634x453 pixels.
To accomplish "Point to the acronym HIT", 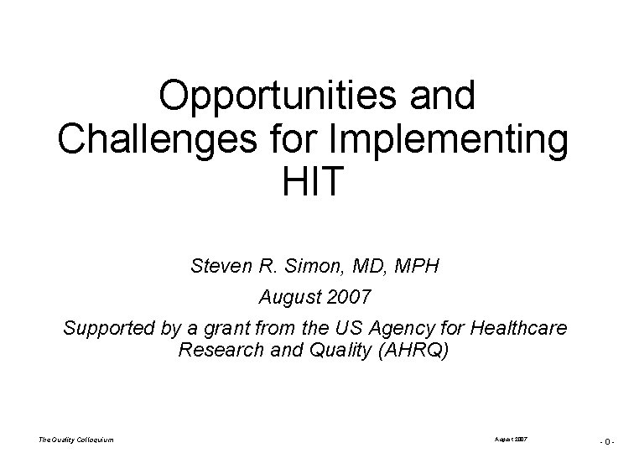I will coord(314,180).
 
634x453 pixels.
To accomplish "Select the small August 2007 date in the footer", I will coord(512,439).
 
